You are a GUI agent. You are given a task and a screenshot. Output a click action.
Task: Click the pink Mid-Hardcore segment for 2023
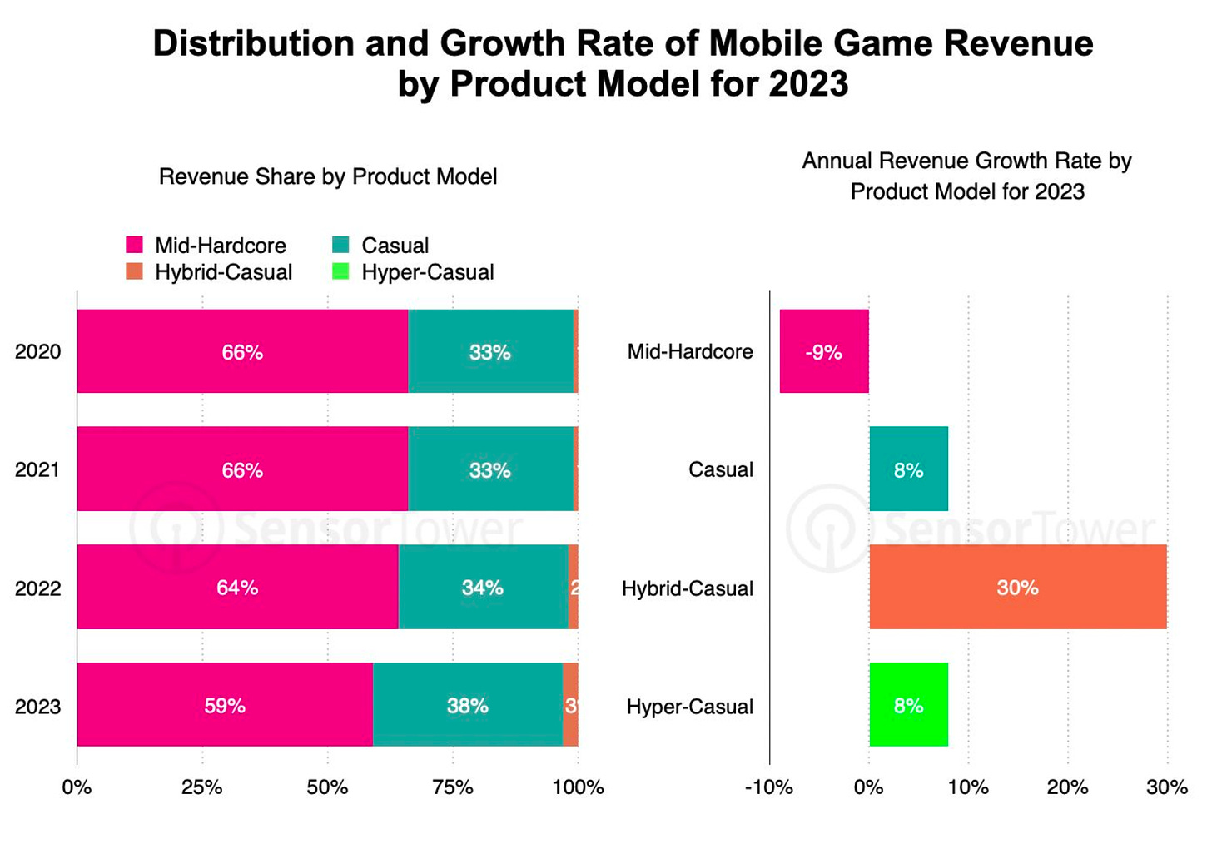pyautogui.click(x=225, y=705)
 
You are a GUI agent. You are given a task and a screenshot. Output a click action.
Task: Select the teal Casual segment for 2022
pyautogui.click(x=483, y=587)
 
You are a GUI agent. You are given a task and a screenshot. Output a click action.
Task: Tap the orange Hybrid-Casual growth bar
pyautogui.click(x=1017, y=587)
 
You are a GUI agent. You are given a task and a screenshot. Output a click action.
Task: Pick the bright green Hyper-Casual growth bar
pyautogui.click(x=908, y=705)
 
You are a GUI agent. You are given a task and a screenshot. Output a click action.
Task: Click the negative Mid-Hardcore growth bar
pyautogui.click(x=824, y=351)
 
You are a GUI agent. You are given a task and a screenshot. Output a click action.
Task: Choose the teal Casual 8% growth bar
pyautogui.click(x=908, y=469)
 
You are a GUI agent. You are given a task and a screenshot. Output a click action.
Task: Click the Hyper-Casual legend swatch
pyautogui.click(x=340, y=271)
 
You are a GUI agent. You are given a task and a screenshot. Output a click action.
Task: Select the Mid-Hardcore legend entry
pyautogui.click(x=220, y=246)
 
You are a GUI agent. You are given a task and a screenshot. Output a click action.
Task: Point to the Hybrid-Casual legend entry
pyautogui.click(x=223, y=272)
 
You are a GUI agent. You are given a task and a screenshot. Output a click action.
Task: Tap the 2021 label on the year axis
pyautogui.click(x=37, y=469)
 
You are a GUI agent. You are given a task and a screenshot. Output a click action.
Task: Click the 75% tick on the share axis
pyautogui.click(x=453, y=787)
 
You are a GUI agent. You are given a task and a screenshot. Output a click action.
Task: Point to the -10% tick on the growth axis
pyautogui.click(x=768, y=787)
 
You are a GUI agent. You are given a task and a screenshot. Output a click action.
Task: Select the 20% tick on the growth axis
pyautogui.click(x=1067, y=787)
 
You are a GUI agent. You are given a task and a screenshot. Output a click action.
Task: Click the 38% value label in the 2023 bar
pyautogui.click(x=467, y=706)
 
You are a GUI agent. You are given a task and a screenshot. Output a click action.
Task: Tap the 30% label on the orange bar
pyautogui.click(x=1017, y=588)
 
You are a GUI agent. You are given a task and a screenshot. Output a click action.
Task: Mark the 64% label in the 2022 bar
pyautogui.click(x=237, y=588)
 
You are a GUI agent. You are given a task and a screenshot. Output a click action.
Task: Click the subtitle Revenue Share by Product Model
pyautogui.click(x=328, y=176)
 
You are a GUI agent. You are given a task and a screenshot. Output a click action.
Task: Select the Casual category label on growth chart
pyautogui.click(x=720, y=469)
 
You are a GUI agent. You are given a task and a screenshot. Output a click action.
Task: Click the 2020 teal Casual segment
pyautogui.click(x=489, y=351)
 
